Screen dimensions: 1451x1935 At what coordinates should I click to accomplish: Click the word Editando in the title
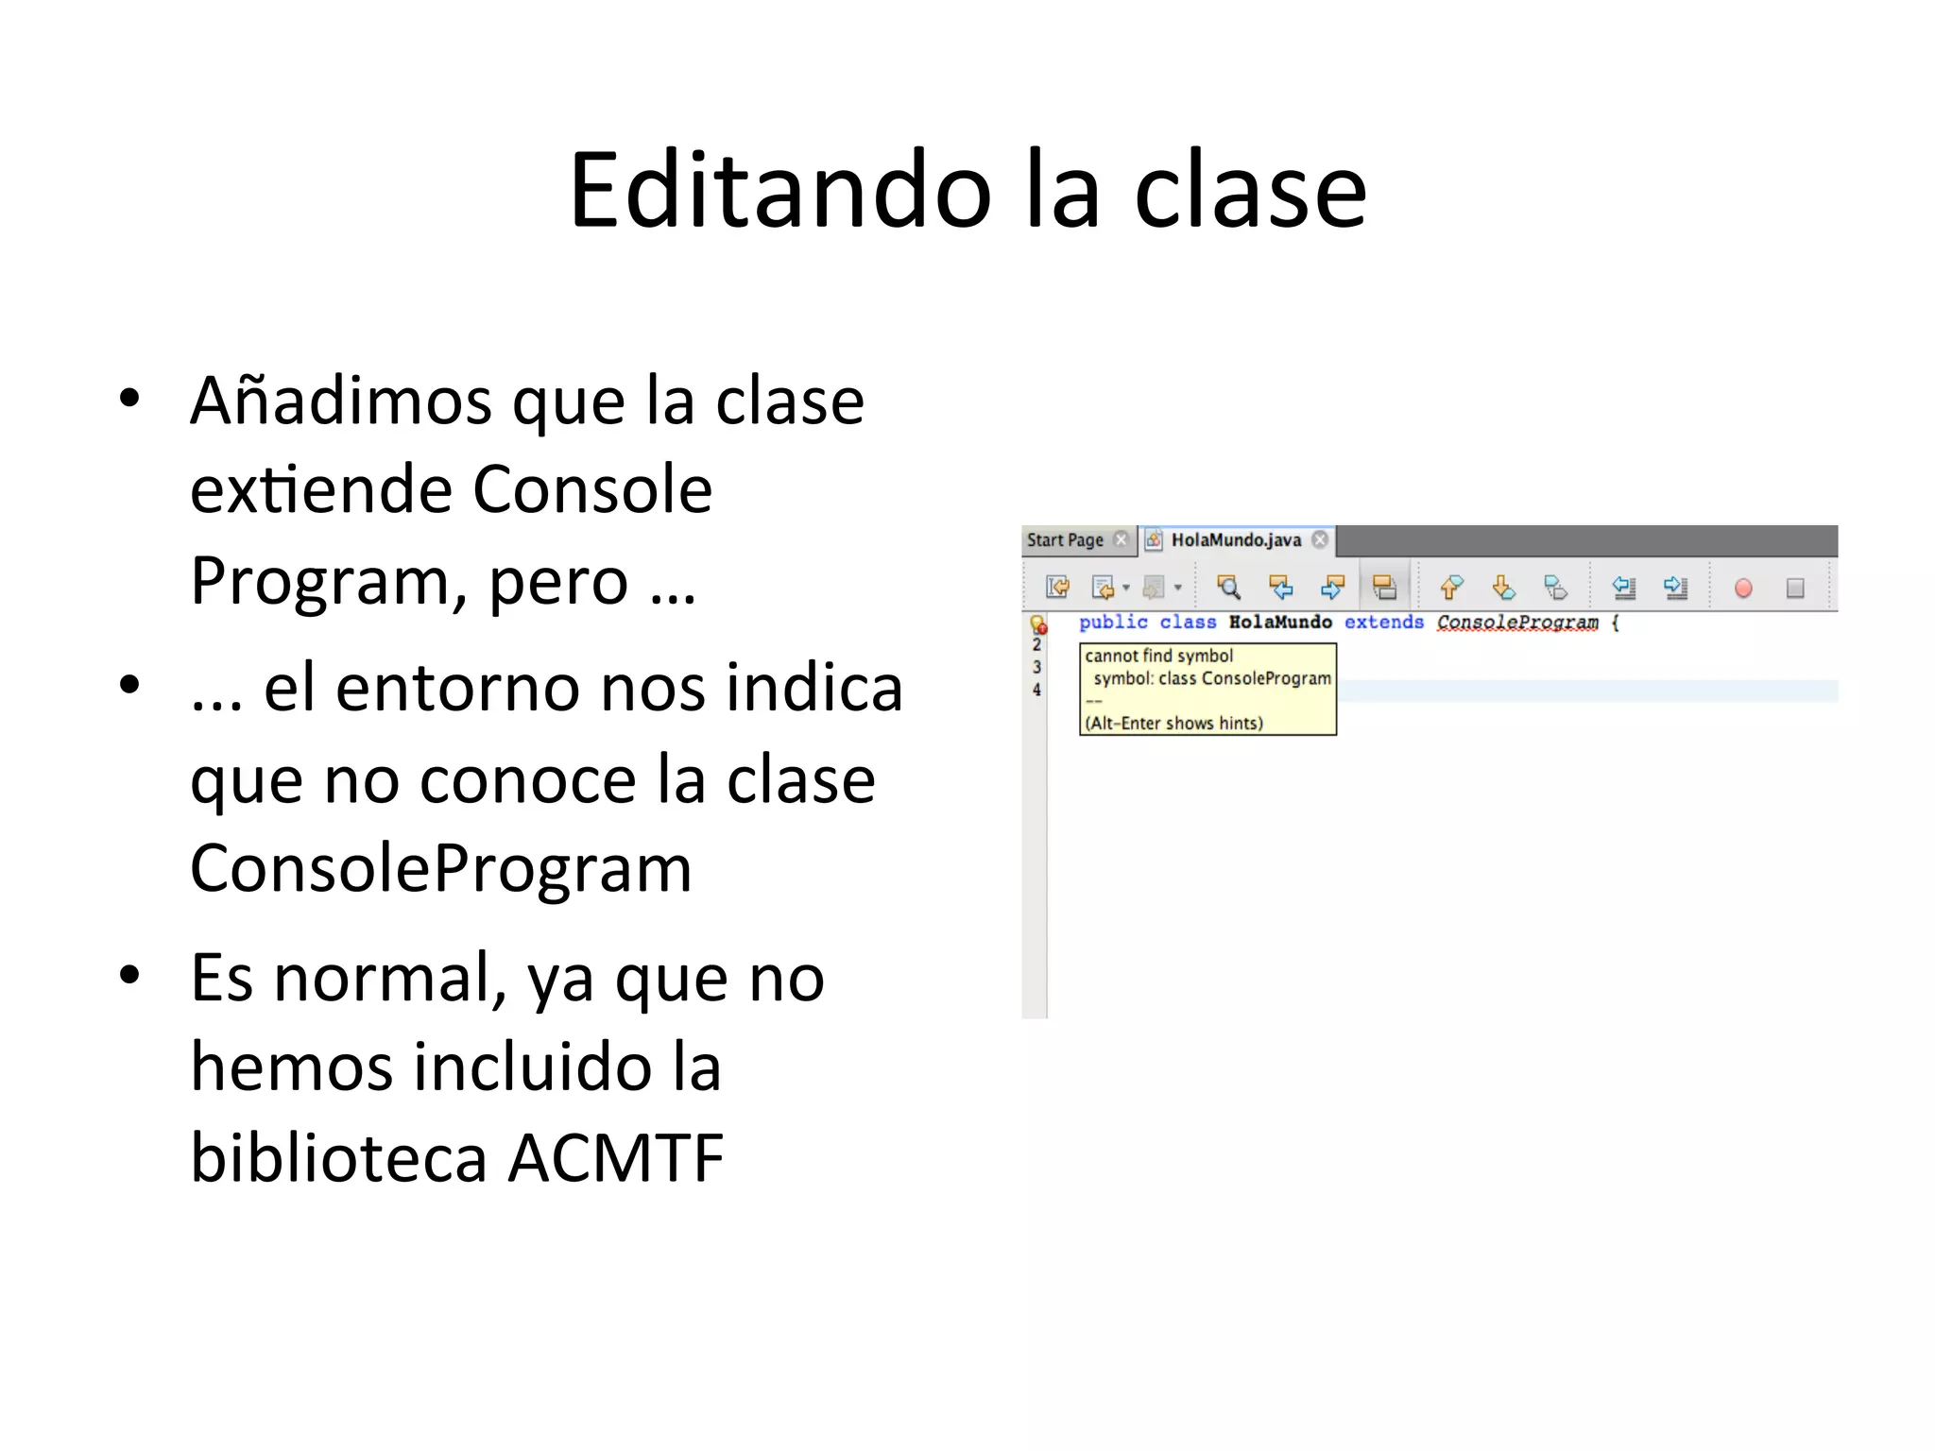780,192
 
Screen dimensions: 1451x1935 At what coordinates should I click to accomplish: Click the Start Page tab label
1065,540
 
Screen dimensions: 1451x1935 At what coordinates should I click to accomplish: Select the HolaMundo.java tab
1235,540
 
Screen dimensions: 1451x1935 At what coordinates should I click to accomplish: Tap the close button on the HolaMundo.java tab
1320,539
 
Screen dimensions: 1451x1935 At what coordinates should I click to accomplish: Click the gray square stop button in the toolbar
1795,589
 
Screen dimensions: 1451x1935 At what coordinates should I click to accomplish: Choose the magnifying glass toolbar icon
1228,588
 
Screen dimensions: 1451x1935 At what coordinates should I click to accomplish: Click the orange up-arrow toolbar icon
1451,588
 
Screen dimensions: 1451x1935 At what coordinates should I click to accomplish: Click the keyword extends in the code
1383,623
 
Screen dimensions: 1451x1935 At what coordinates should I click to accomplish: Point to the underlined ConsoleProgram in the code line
1517,623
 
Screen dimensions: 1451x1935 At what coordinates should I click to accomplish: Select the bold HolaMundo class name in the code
1280,623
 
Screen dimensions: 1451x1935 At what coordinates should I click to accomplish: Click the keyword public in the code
1113,623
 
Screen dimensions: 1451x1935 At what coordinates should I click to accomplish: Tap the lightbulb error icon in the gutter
1038,624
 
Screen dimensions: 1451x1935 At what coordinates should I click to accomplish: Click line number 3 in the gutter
1036,667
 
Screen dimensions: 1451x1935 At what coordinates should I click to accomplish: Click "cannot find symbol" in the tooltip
1158,656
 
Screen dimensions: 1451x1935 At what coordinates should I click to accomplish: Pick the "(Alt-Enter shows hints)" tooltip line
1173,724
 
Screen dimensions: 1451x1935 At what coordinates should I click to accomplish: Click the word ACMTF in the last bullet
616,1158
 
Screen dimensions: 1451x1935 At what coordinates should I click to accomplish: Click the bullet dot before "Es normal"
129,975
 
